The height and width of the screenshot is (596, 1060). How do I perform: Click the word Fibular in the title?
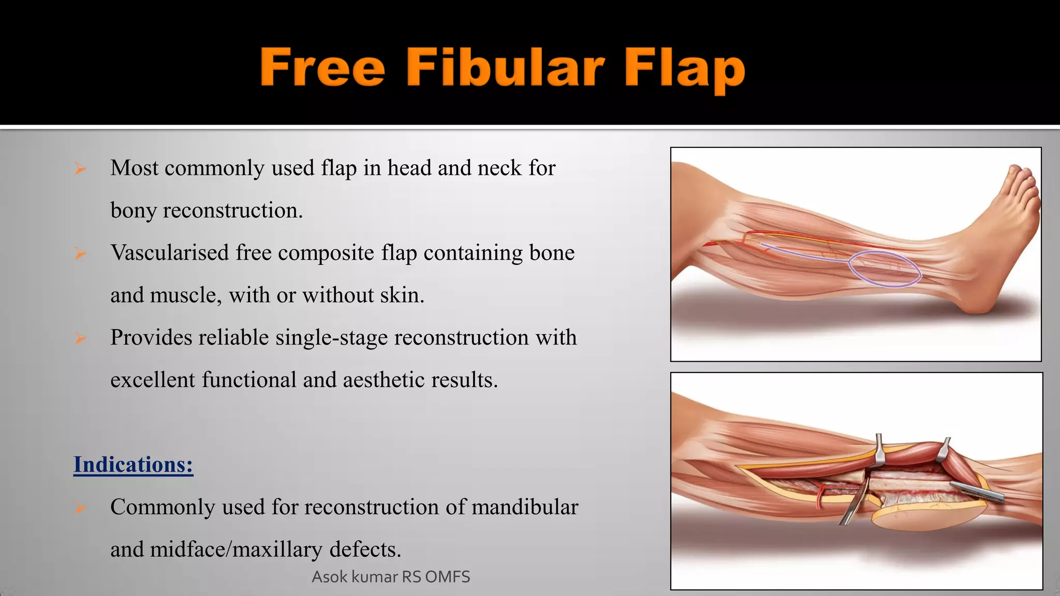505,67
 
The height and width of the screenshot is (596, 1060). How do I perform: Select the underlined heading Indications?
133,465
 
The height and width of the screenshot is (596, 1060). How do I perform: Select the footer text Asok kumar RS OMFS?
391,577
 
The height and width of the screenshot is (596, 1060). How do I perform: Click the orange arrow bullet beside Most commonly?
80,169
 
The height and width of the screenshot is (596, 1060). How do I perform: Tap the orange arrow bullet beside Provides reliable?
80,338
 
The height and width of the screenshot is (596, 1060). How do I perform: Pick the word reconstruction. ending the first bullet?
233,211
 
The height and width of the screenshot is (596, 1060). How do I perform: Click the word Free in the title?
322,67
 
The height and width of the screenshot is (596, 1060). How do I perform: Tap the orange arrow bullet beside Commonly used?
80,508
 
